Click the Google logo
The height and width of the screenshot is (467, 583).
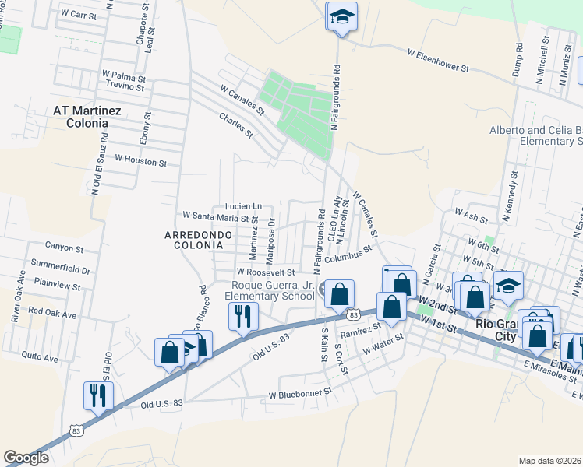click(x=26, y=458)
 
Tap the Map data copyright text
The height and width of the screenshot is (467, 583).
click(x=550, y=460)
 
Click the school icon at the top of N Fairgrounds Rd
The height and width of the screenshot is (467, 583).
click(x=341, y=18)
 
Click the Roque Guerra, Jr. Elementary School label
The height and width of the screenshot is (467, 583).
click(x=269, y=290)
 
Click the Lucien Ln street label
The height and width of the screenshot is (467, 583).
click(x=243, y=205)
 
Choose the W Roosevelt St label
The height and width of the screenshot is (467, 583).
click(x=267, y=272)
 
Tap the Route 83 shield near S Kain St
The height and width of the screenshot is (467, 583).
click(x=354, y=314)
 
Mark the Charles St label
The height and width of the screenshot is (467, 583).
click(x=236, y=126)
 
